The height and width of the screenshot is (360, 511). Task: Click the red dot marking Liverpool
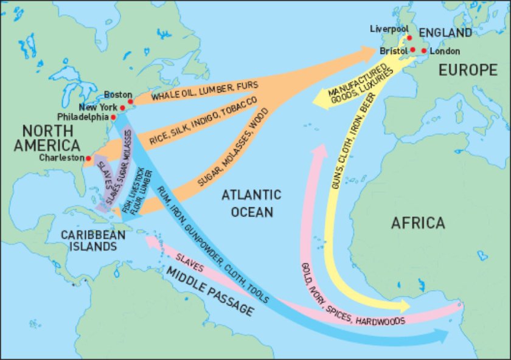point(409,38)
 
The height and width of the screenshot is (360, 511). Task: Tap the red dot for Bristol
point(412,50)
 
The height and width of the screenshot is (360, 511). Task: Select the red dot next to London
point(424,50)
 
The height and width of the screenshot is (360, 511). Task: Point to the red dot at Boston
point(130,102)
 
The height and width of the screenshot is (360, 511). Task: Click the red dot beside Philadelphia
point(113,116)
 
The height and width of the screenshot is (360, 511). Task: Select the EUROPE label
point(468,70)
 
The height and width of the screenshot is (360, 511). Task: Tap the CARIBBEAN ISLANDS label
point(88,241)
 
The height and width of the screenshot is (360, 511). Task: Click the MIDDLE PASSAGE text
point(210,290)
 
